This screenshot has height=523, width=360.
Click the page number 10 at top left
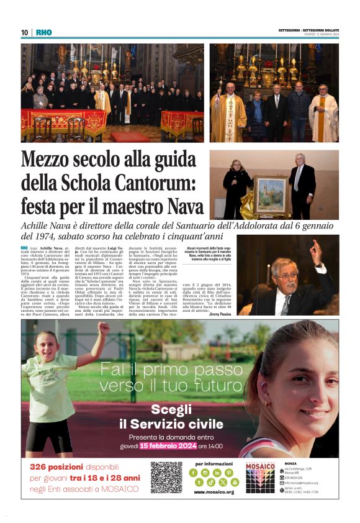(24, 32)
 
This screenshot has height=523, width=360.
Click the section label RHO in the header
(44, 32)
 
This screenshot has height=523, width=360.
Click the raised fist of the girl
(102, 327)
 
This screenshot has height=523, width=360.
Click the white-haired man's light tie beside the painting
(299, 178)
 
